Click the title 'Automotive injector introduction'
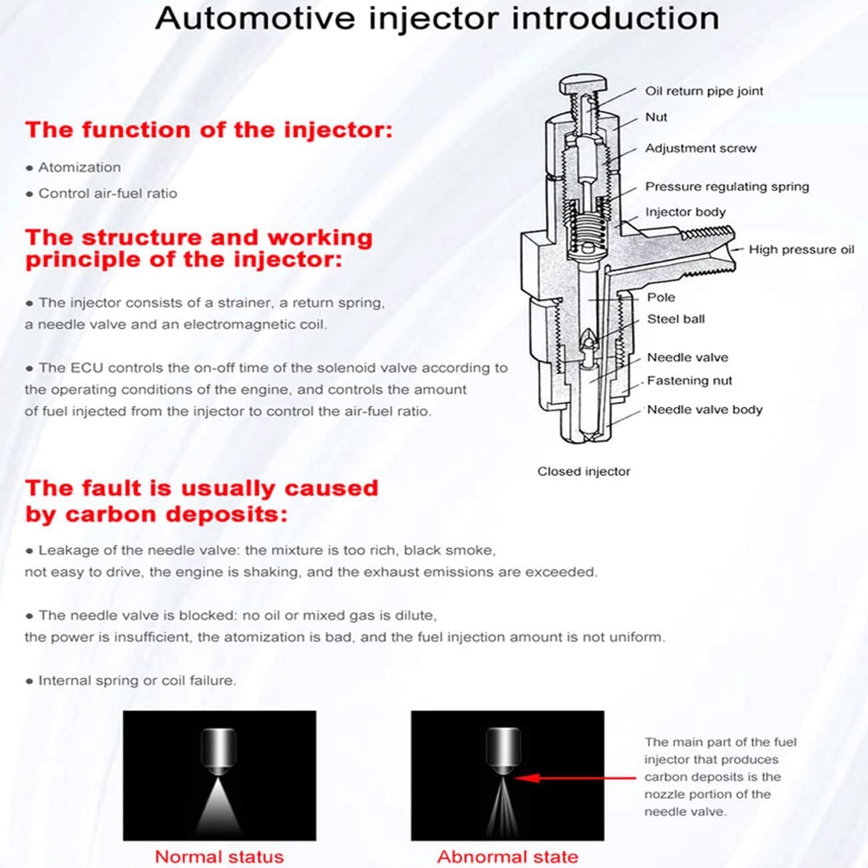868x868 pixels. pyautogui.click(x=437, y=18)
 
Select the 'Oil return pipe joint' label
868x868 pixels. pyautogui.click(x=704, y=91)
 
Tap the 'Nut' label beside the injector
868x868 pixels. pyautogui.click(x=656, y=118)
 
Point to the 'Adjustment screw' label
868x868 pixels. pyautogui.click(x=700, y=149)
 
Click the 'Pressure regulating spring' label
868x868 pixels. pyautogui.click(x=726, y=187)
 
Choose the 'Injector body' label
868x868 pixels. pyautogui.click(x=685, y=212)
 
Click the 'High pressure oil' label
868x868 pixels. pyautogui.click(x=801, y=250)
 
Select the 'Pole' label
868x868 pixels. pyautogui.click(x=660, y=298)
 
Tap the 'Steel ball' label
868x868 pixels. pyautogui.click(x=676, y=320)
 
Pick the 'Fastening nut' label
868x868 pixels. pyautogui.click(x=689, y=381)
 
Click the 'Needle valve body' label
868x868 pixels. pyautogui.click(x=704, y=410)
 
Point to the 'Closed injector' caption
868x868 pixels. pyautogui.click(x=584, y=471)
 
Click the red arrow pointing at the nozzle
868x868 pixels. pyautogui.click(x=574, y=777)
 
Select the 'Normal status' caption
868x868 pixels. pyautogui.click(x=219, y=857)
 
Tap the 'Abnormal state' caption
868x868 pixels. pyautogui.click(x=507, y=857)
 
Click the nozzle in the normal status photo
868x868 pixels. pyautogui.click(x=219, y=751)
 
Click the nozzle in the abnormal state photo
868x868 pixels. pyautogui.click(x=503, y=751)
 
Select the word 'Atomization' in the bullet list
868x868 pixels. pyautogui.click(x=79, y=168)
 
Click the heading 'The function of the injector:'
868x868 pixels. pyautogui.click(x=208, y=130)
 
